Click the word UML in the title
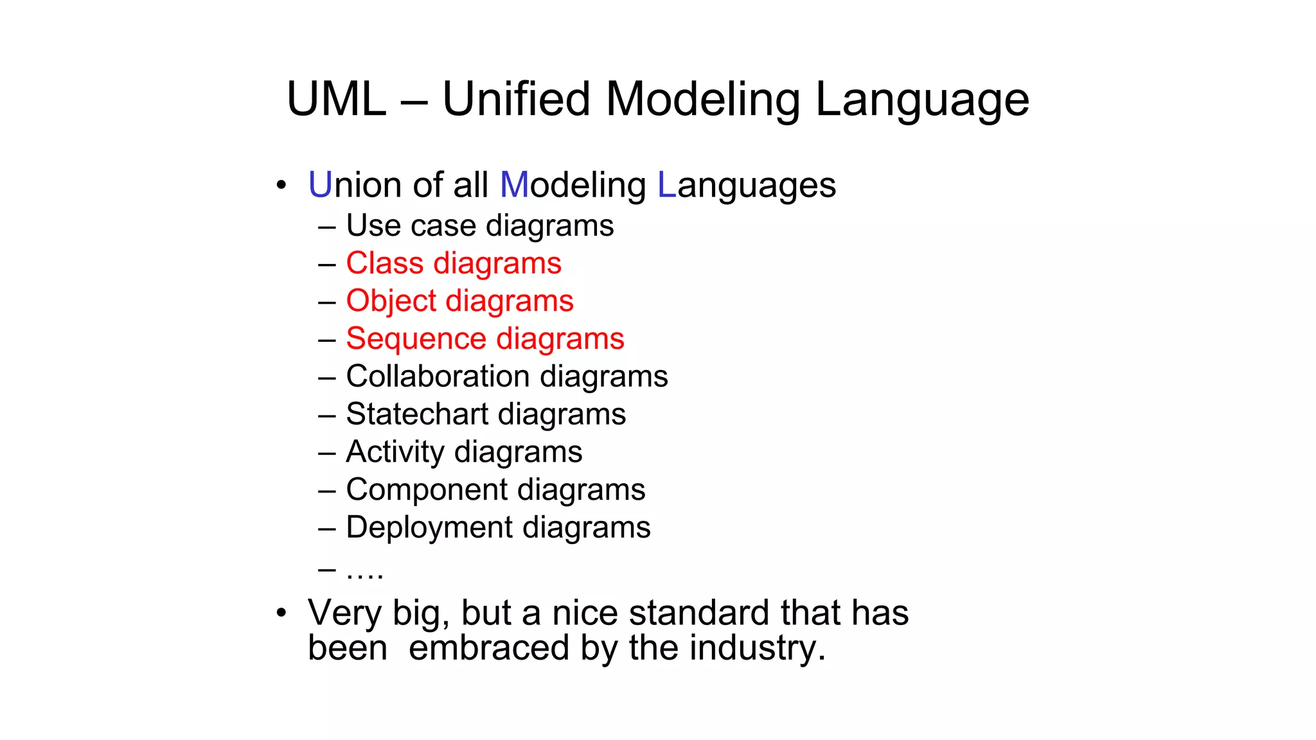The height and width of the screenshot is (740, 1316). pos(336,100)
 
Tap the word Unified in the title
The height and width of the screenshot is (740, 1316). pos(516,100)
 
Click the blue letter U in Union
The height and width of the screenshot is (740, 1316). pos(319,185)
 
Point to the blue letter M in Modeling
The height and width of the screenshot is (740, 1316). pos(514,185)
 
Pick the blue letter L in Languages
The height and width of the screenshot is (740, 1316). pos(666,185)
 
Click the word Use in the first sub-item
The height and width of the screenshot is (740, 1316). pos(373,225)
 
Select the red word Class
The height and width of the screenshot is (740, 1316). pos(384,263)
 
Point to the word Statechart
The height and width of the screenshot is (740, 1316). pos(416,414)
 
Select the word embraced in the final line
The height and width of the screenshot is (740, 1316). pos(489,647)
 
